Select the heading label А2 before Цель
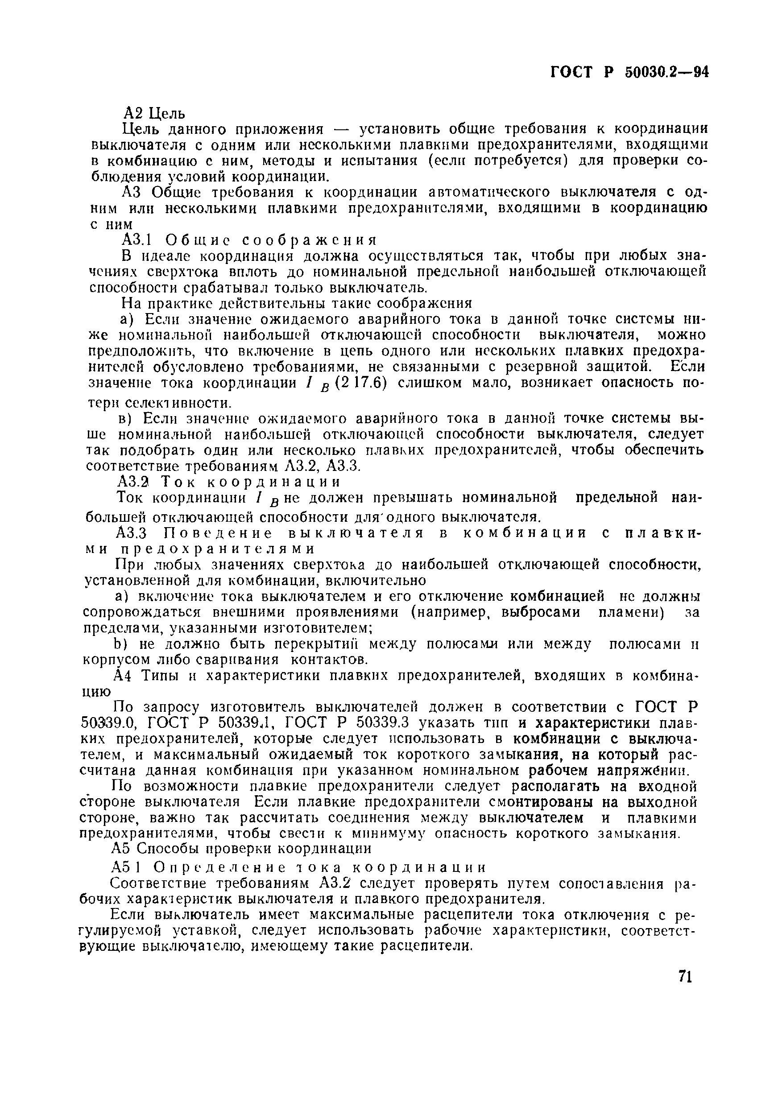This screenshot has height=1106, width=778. pyautogui.click(x=133, y=113)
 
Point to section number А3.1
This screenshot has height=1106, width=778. pyautogui.click(x=137, y=239)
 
